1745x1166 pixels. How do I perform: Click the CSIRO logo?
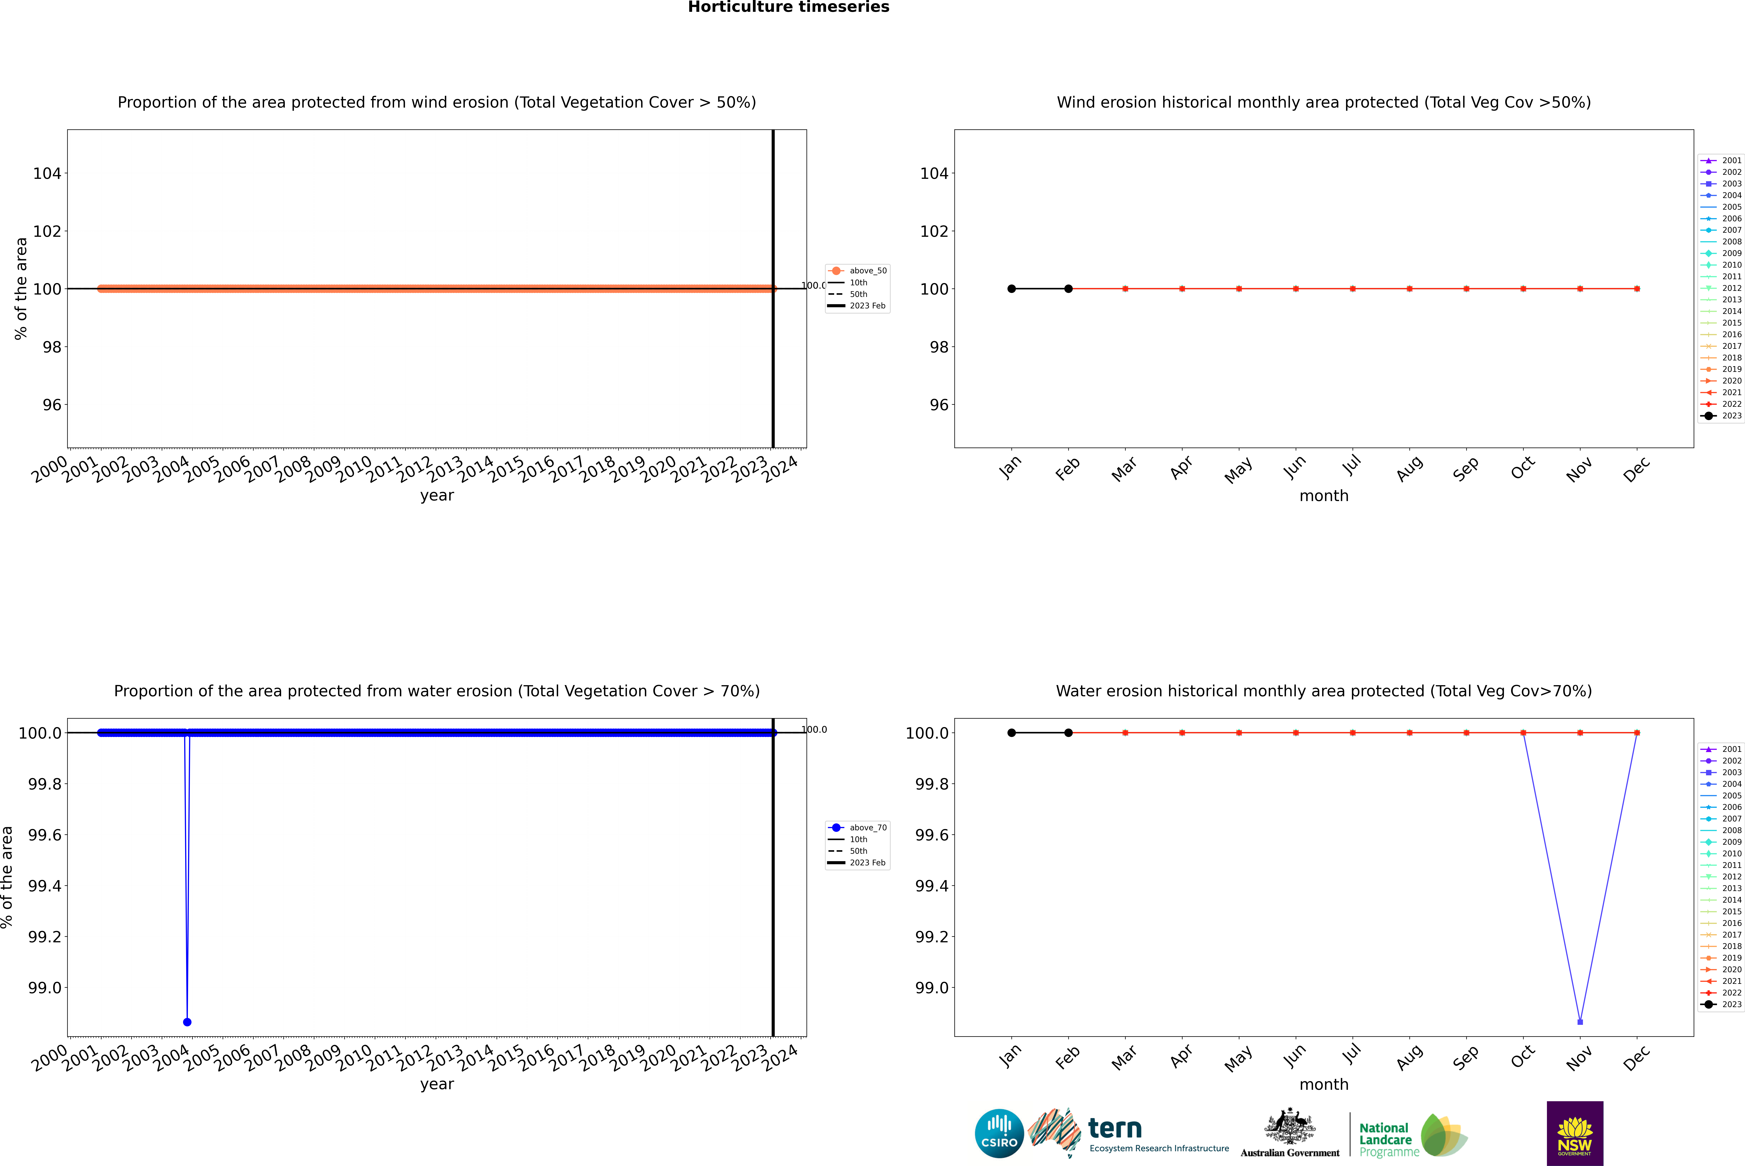coord(999,1133)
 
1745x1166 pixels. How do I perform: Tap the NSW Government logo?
coord(1575,1133)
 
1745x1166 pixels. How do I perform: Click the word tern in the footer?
coord(1114,1128)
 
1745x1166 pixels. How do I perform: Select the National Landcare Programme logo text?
coord(1385,1139)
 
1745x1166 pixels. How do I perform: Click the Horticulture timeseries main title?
coord(788,7)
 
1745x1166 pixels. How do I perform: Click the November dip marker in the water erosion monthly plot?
coord(1580,1022)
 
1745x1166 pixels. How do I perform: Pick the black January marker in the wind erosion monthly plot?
coord(1012,288)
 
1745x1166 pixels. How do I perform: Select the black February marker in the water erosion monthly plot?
coord(1068,732)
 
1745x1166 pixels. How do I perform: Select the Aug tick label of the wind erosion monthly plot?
coord(1410,468)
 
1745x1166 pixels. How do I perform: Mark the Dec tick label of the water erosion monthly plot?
coord(1636,1057)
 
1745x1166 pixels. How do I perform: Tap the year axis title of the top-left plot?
coord(437,495)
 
